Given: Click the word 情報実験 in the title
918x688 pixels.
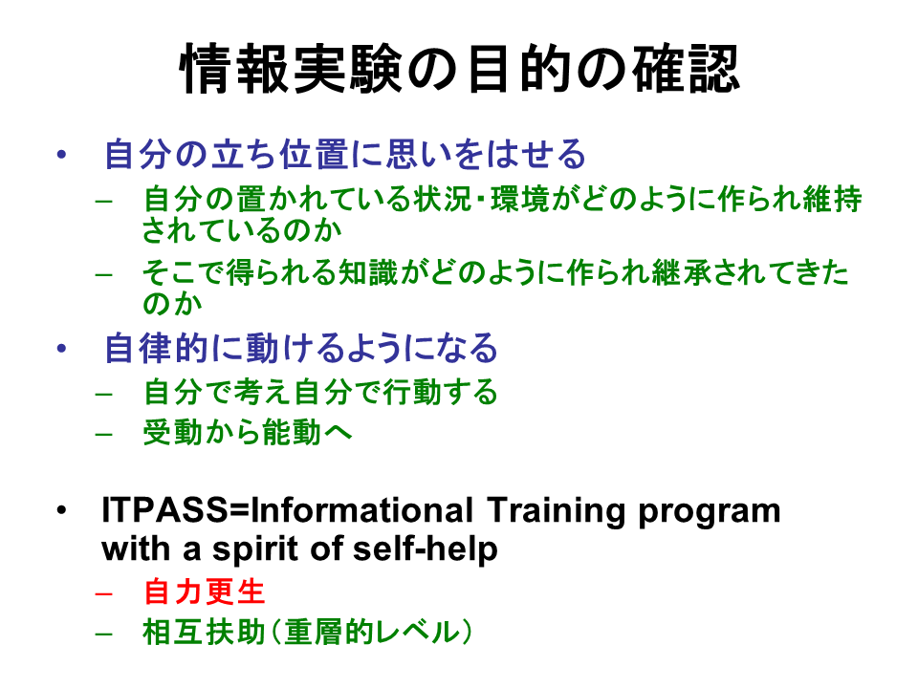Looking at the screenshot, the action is click(x=291, y=69).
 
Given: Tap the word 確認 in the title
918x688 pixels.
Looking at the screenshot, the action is click(x=686, y=69).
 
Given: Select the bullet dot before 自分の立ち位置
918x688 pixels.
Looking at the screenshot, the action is click(x=61, y=155).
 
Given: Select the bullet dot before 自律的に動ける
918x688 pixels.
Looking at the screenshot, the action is click(x=61, y=349).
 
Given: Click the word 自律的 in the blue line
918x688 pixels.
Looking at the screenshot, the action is click(x=156, y=348).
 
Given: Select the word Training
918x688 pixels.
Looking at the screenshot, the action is click(x=557, y=510).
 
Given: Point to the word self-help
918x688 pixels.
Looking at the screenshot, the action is click(x=426, y=548).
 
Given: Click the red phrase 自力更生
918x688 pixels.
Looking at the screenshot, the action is click(x=205, y=591).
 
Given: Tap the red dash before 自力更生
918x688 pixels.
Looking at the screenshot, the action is click(x=103, y=593).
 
